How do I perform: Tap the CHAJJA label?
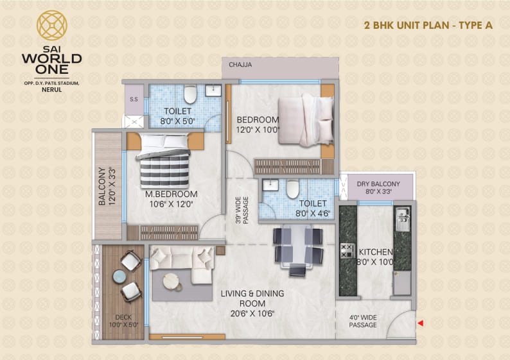click(x=240, y=65)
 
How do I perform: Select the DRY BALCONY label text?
click(x=378, y=184)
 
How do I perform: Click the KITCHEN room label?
click(x=376, y=252)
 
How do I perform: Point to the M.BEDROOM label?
click(x=171, y=194)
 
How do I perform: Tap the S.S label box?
click(x=134, y=99)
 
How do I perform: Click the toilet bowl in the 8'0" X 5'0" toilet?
click(x=189, y=96)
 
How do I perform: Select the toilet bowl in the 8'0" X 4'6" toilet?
click(x=292, y=189)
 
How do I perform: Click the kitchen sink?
click(x=403, y=218)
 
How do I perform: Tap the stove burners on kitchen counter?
click(x=347, y=250)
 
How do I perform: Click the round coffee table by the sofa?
click(x=171, y=280)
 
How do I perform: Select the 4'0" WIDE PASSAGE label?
click(x=363, y=320)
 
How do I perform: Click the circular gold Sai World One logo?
click(x=51, y=26)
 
